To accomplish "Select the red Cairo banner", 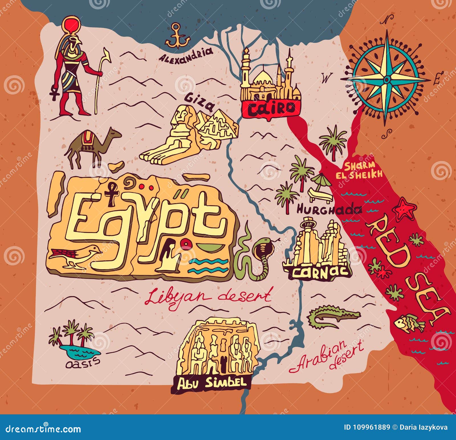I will (271, 108).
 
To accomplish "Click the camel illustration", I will (91, 147).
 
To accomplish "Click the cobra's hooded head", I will (260, 249).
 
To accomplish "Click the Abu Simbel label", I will (211, 382).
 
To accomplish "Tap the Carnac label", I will (321, 272).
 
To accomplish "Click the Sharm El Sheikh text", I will (359, 170).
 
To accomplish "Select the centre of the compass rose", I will (387, 78).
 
